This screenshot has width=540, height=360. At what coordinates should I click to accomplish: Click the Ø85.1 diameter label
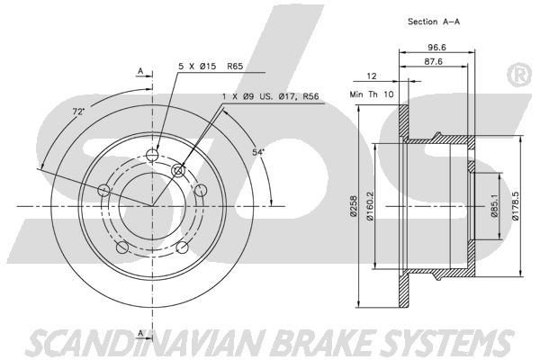point(494,209)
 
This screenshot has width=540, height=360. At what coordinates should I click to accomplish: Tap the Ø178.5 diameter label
point(516,208)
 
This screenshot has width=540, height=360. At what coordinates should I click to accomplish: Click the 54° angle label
point(258,153)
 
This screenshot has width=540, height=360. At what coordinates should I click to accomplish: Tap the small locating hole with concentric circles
point(178,171)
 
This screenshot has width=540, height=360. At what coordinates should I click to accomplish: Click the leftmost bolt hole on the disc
point(104,190)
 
